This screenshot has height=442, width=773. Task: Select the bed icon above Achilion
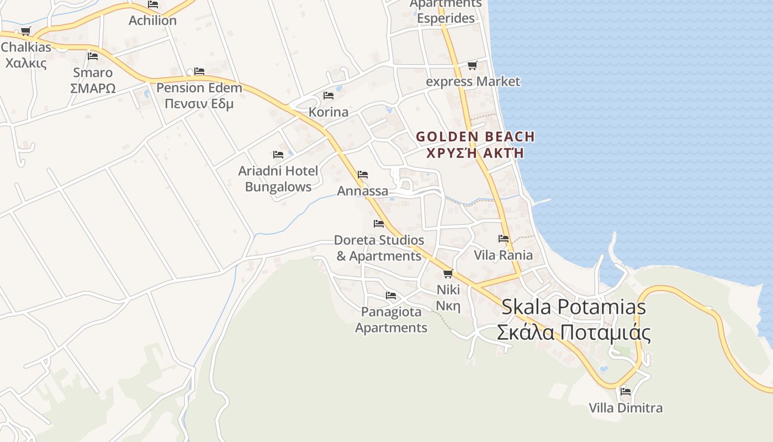click(153, 4)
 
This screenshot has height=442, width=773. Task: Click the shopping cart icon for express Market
click(472, 66)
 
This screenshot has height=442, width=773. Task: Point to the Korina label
click(329, 112)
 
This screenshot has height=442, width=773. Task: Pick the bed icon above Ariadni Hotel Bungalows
click(278, 155)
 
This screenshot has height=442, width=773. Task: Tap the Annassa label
click(363, 191)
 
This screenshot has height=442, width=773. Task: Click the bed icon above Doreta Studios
click(379, 224)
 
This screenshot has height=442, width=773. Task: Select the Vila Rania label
click(504, 255)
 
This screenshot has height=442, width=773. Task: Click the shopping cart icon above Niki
click(448, 273)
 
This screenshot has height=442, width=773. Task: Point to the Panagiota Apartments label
click(391, 320)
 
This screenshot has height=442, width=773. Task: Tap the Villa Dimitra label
click(626, 408)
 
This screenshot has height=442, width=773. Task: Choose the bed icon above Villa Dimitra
click(626, 392)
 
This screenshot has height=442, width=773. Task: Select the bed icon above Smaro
click(93, 56)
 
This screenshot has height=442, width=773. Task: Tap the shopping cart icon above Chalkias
click(25, 31)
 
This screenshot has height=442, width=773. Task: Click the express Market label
click(473, 82)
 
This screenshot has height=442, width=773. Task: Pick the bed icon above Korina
click(329, 96)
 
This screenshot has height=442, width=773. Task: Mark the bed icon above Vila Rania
click(504, 239)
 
